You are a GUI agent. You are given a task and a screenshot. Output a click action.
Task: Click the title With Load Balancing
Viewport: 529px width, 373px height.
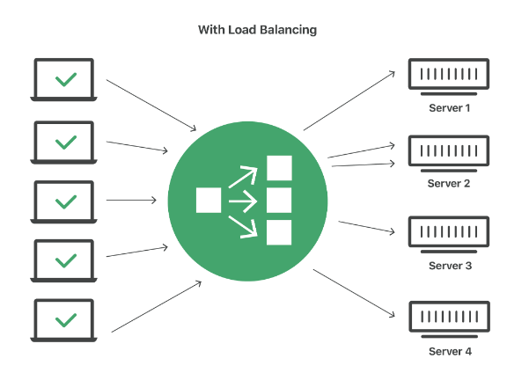[x=257, y=30]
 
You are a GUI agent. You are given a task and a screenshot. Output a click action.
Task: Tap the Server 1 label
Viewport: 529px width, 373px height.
[x=449, y=108]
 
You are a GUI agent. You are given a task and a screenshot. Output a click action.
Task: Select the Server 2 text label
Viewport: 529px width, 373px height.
[x=449, y=183]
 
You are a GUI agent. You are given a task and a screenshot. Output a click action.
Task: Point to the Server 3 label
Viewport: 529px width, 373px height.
[x=449, y=265]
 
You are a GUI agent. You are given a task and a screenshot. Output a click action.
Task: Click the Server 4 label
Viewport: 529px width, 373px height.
[x=449, y=351]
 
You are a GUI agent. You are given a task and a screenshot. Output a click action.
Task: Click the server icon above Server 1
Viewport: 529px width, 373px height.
[x=449, y=76]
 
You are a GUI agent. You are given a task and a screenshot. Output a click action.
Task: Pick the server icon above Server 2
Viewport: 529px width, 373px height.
[x=449, y=152]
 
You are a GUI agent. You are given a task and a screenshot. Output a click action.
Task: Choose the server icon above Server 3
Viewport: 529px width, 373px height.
[x=449, y=233]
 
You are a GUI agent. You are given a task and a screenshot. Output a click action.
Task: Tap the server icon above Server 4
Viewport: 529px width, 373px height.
[x=449, y=318]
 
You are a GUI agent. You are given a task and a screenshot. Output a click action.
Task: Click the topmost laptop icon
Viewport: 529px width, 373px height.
[x=64, y=79]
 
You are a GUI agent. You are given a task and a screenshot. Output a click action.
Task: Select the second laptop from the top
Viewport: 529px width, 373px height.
[x=64, y=140]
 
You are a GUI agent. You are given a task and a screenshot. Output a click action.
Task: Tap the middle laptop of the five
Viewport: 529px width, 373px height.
[x=64, y=201]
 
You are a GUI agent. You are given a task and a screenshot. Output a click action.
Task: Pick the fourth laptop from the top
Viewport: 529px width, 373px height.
[x=64, y=260]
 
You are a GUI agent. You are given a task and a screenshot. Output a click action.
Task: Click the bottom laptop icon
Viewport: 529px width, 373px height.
[x=64, y=320]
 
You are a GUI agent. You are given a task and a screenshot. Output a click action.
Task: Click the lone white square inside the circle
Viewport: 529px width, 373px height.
[x=209, y=201]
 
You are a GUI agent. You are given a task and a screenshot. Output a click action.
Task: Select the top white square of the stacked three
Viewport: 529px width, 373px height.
[x=279, y=169]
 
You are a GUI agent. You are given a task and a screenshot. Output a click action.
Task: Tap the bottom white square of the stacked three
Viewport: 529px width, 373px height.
[x=279, y=232]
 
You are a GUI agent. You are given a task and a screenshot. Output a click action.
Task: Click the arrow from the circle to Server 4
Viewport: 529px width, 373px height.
[x=352, y=292]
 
